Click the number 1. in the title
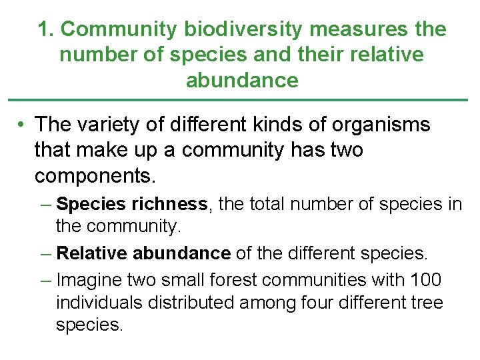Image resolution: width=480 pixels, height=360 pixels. pyautogui.click(x=46, y=29)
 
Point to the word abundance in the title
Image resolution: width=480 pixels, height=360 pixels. pyautogui.click(x=242, y=80)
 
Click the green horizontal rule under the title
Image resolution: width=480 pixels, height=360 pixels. pyautogui.click(x=240, y=100)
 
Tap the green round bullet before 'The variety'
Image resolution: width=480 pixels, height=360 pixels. pyautogui.click(x=22, y=125)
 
